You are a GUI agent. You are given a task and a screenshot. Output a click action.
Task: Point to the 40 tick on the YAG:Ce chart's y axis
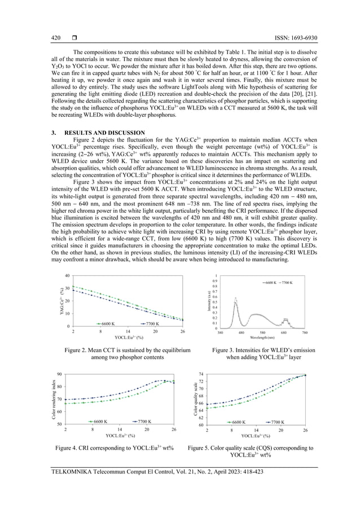67,276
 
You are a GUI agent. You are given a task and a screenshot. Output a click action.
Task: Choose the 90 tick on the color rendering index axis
60,374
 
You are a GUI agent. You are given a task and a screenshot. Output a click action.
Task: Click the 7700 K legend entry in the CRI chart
142,422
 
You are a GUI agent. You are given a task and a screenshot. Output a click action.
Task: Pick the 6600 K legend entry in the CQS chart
239,422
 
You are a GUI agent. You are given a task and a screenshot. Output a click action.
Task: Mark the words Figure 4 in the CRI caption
68,447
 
